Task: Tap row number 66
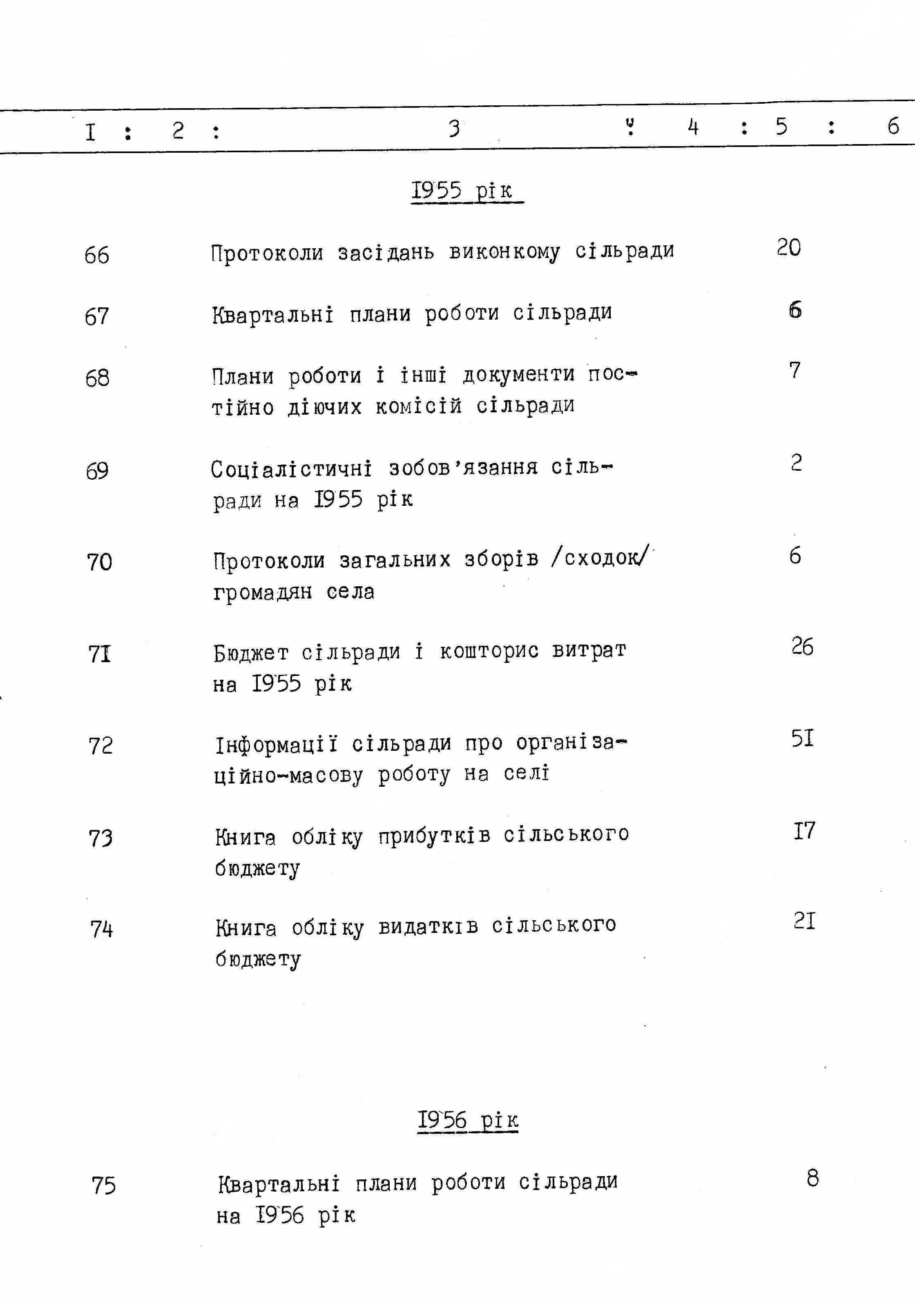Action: click(x=97, y=255)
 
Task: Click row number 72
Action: click(x=101, y=746)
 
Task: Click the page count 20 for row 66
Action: click(x=789, y=247)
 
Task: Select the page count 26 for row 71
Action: click(x=802, y=647)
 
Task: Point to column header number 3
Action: click(x=453, y=129)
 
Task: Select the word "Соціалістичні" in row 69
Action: click(x=291, y=469)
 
